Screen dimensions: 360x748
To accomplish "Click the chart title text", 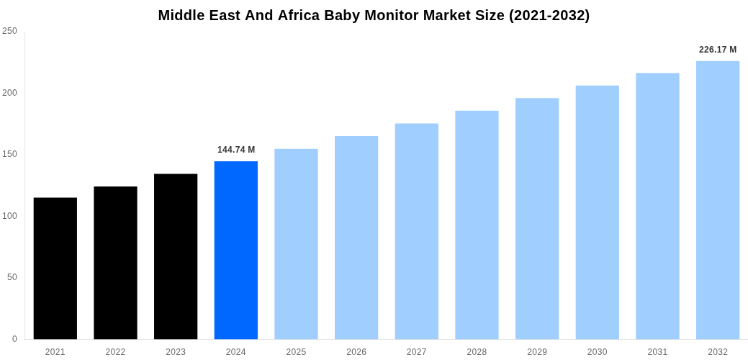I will [374, 15].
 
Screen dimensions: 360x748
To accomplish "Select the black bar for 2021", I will [55, 268].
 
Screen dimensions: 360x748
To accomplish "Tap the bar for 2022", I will [115, 263].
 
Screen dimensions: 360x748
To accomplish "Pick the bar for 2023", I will [176, 256].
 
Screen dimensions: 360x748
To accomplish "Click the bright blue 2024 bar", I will [236, 250].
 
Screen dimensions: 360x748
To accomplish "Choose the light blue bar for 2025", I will [296, 244].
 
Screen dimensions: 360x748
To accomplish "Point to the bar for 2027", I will [417, 231].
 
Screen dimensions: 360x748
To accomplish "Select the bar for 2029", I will [537, 218].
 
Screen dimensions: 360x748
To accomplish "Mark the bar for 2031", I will [657, 206].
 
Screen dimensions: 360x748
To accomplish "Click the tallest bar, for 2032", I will [718, 200].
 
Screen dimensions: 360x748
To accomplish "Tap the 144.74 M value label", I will [236, 150].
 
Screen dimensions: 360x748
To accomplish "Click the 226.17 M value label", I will [718, 50].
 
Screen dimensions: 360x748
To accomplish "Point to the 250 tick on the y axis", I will [10, 31].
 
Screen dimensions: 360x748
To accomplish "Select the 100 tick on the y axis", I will [10, 216].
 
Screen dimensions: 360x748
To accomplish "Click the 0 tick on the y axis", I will [14, 339].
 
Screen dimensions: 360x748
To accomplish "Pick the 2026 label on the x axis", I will [356, 352].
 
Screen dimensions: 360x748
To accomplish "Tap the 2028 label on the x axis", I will [477, 352].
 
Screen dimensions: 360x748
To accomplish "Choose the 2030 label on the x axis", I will [597, 352].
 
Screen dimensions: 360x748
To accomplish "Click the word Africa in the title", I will [301, 15].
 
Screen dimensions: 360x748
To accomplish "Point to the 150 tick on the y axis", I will [10, 154].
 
